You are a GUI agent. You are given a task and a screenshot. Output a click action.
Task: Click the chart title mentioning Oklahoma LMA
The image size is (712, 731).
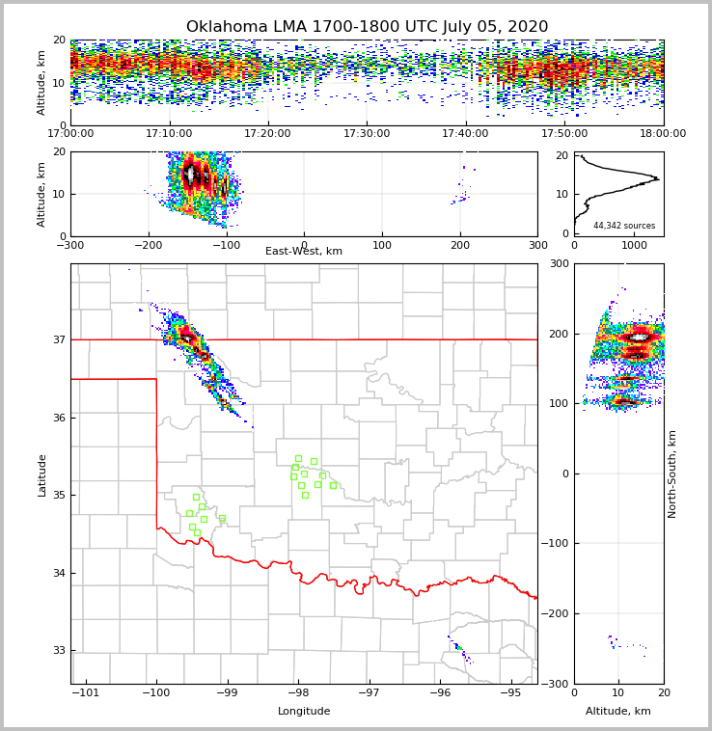pyautogui.click(x=367, y=27)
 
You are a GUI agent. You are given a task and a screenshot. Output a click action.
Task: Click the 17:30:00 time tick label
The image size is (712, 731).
pyautogui.click(x=367, y=134)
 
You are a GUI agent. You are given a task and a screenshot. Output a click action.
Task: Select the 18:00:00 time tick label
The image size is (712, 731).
pyautogui.click(x=663, y=134)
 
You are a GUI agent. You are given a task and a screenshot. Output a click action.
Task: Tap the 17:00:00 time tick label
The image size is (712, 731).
pyautogui.click(x=70, y=134)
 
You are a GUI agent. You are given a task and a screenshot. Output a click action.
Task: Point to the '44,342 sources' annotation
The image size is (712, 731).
pyautogui.click(x=624, y=226)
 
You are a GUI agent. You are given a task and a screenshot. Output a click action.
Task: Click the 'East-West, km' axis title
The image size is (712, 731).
pyautogui.click(x=304, y=252)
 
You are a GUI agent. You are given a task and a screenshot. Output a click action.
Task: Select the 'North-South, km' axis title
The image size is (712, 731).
pyautogui.click(x=672, y=474)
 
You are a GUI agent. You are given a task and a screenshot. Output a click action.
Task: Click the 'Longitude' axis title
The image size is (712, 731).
pyautogui.click(x=304, y=712)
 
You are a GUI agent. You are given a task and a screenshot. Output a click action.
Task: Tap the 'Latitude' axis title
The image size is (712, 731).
pyautogui.click(x=41, y=474)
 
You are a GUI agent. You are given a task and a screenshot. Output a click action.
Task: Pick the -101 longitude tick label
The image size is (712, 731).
pyautogui.click(x=86, y=693)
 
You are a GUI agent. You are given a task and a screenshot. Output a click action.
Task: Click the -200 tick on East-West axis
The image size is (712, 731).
pyautogui.click(x=148, y=245)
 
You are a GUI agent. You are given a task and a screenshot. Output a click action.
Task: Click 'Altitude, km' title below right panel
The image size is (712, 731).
pyautogui.click(x=618, y=712)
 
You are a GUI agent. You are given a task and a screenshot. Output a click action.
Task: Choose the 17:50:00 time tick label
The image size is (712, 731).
pyautogui.click(x=564, y=134)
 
